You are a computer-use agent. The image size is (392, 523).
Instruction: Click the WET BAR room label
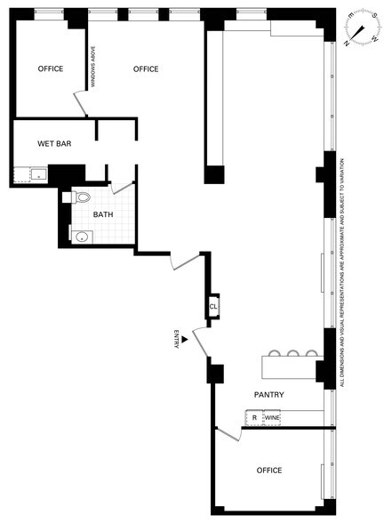54,144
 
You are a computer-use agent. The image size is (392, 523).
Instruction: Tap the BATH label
103,214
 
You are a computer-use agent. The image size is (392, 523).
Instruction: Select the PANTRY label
269,395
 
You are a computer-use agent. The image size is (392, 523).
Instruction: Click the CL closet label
213,306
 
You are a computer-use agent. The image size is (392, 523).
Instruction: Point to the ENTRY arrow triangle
185,339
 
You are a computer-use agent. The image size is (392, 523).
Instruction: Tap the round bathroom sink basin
82,237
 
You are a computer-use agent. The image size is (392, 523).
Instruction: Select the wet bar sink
39,174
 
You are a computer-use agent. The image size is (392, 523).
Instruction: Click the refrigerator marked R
254,418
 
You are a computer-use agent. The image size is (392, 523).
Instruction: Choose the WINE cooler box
272,418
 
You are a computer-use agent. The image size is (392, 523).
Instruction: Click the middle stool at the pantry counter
292,353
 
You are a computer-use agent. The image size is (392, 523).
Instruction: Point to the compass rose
363,28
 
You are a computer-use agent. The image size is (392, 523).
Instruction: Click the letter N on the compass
347,43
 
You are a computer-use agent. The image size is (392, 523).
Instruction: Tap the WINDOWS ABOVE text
93,67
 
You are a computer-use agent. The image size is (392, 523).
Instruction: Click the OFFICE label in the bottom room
269,471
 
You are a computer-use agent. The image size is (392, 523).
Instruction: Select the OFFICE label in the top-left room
51,68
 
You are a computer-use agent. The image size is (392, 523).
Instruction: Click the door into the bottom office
228,434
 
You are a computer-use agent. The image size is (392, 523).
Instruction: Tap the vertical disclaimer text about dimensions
341,272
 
